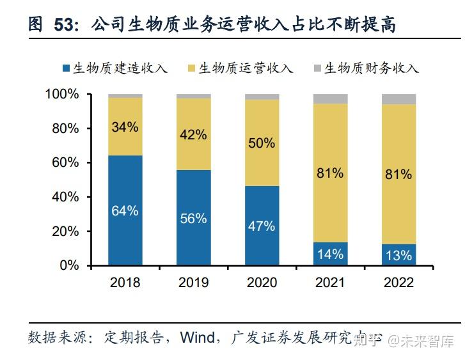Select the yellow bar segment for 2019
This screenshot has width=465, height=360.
pos(193,134)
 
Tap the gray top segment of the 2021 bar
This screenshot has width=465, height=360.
pos(330,98)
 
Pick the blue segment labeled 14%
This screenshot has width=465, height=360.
pos(330,253)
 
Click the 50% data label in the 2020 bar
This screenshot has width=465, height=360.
pos(262,143)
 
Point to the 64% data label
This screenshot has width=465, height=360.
pos(125,210)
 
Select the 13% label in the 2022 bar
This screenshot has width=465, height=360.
pos(398,255)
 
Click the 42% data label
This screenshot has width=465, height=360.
pos(193,134)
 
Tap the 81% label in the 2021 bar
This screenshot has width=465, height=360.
pos(330,173)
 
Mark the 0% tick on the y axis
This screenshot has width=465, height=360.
pos(69,265)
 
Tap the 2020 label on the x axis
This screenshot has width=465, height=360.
pos(262,282)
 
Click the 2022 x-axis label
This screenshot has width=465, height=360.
pos(398,282)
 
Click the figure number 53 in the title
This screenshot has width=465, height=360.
pos(65,25)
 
